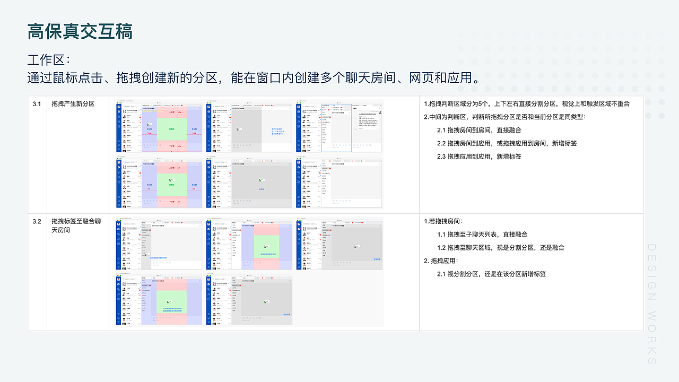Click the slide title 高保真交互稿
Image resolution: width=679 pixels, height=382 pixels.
80,32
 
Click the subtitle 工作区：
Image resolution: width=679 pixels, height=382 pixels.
49,59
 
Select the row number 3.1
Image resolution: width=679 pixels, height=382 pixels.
37,104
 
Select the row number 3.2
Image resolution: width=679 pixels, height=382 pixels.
37,221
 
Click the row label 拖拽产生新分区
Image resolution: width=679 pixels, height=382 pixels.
73,104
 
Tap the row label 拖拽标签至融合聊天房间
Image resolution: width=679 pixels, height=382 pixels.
76,225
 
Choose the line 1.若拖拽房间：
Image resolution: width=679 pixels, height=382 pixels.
443,221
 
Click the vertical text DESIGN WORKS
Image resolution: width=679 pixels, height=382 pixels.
652,304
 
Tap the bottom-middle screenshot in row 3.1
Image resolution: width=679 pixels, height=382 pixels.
249,183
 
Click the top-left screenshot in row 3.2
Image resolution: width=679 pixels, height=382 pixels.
159,244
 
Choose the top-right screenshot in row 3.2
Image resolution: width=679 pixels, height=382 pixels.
339,244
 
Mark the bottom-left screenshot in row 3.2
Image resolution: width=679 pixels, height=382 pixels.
159,298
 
